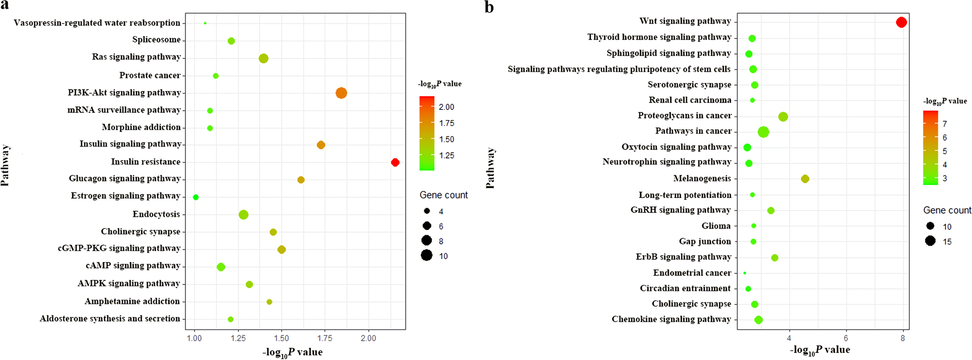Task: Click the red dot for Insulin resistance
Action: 395,162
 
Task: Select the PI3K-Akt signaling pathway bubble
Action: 341,93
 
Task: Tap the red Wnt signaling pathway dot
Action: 901,22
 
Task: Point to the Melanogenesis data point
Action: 804,179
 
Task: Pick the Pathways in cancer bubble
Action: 763,132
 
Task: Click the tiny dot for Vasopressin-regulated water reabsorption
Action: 205,23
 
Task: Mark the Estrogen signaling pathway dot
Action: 196,197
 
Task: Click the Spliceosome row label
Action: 156,40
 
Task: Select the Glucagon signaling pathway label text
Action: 125,178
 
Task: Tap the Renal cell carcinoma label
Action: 690,100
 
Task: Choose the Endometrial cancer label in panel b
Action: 692,273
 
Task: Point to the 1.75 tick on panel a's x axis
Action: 324,338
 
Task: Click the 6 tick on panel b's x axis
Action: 846,338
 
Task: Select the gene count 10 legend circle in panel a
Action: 426,256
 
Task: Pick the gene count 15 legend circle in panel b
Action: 930,241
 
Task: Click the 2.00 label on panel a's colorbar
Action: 446,107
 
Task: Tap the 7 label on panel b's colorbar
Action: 944,124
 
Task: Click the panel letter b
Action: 489,7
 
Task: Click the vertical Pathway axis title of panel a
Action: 6,165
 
